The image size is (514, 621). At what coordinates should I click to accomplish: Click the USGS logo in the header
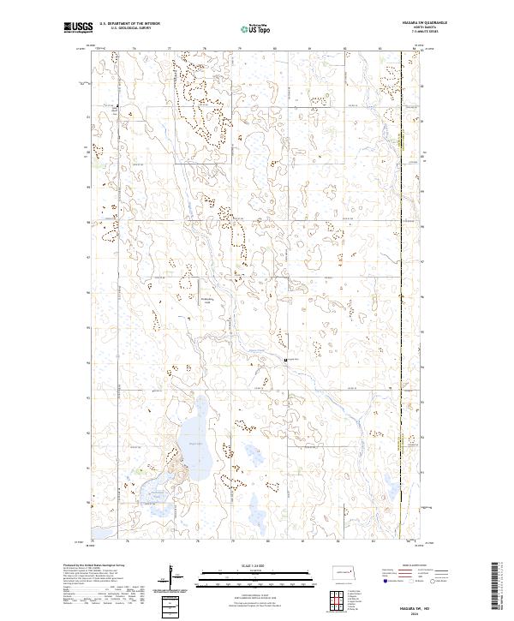point(78,28)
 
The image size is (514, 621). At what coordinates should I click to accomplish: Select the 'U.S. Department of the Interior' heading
point(129,24)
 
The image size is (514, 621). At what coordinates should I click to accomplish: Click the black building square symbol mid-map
point(285,360)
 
